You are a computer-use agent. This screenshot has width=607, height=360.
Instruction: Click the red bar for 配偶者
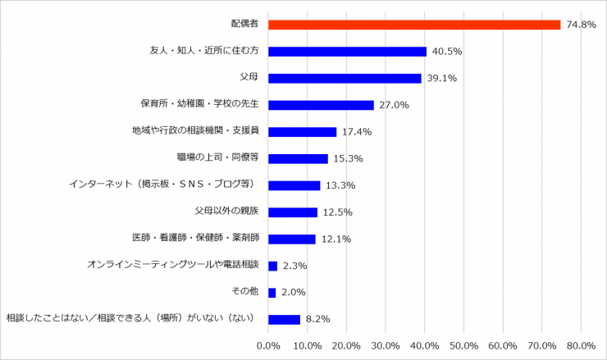coord(414,25)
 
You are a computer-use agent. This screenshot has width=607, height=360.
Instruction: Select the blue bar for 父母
coord(345,78)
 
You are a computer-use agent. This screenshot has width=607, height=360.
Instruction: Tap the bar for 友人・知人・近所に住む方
coord(347,52)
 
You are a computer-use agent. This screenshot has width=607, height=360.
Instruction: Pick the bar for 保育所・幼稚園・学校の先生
coord(321,105)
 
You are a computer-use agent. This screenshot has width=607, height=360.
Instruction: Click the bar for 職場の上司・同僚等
coord(298,158)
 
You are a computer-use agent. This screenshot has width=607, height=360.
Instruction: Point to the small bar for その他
coord(272,292)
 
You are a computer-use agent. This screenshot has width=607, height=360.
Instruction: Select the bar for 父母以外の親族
coord(293,212)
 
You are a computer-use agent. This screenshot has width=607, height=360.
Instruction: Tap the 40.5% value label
coord(446,52)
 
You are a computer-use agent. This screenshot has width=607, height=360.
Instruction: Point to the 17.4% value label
coord(356,132)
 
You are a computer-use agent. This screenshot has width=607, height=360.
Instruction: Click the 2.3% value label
coord(294,266)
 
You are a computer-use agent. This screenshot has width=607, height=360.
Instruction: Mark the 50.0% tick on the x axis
coord(464,345)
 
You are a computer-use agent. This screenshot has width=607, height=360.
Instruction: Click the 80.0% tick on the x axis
coord(582,345)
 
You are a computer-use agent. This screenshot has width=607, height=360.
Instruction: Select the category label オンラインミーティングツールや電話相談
coord(172,265)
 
